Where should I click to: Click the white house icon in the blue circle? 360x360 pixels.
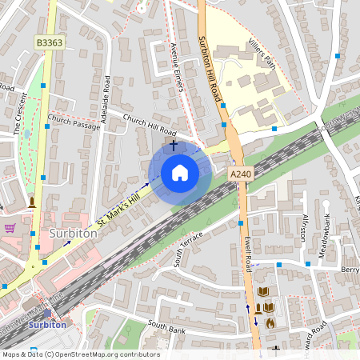pos(179,173)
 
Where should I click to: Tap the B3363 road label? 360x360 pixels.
pos(49,41)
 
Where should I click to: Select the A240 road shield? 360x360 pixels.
pos(240,174)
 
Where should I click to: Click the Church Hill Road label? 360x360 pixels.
pos(150,124)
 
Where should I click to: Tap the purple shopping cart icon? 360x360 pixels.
pos(10,227)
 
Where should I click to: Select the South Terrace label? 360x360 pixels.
pos(190,246)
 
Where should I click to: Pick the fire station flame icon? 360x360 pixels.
pos(270,323)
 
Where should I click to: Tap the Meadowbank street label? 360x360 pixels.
pos(327,232)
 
